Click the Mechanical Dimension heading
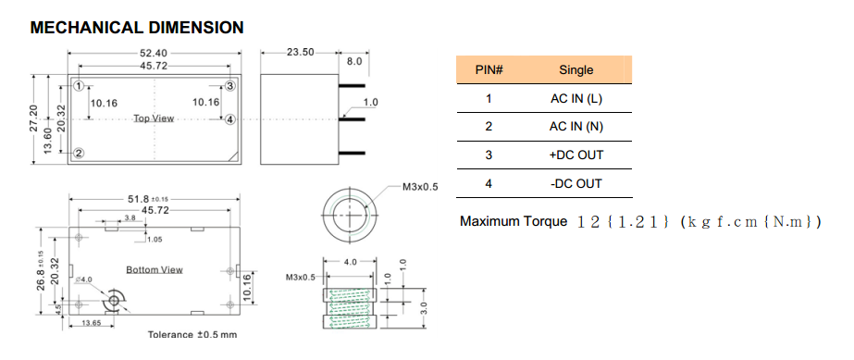point(137,27)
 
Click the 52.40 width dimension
point(155,53)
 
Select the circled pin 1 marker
point(79,86)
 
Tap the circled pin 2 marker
point(79,153)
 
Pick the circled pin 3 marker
point(229,86)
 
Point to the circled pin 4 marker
point(229,119)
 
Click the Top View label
point(155,118)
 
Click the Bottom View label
point(155,269)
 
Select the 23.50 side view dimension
point(300,52)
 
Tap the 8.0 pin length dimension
point(354,62)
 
